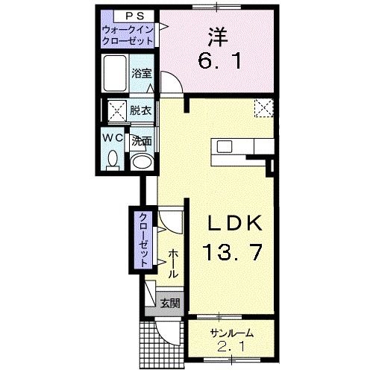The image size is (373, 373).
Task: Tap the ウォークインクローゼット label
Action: (x=129, y=35)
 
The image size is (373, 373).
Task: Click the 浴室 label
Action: (x=141, y=73)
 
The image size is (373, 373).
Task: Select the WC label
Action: (x=113, y=138)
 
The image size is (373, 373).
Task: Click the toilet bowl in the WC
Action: (x=113, y=159)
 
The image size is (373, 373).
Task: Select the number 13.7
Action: (x=231, y=254)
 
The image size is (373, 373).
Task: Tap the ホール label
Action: (x=172, y=264)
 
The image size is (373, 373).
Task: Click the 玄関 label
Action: (x=170, y=302)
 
